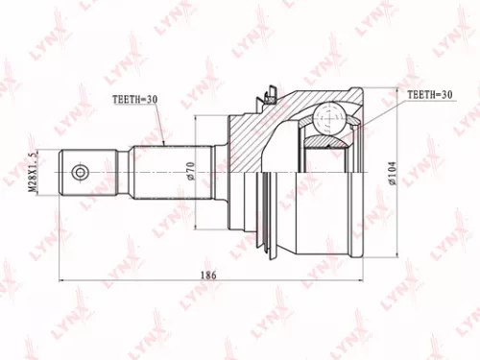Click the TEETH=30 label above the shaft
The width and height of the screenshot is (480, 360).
(x=135, y=100)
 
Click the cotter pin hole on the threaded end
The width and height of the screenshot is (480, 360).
(x=80, y=173)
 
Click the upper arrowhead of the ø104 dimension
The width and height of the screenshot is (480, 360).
(x=397, y=92)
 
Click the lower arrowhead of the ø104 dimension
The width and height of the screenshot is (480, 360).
(x=397, y=257)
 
